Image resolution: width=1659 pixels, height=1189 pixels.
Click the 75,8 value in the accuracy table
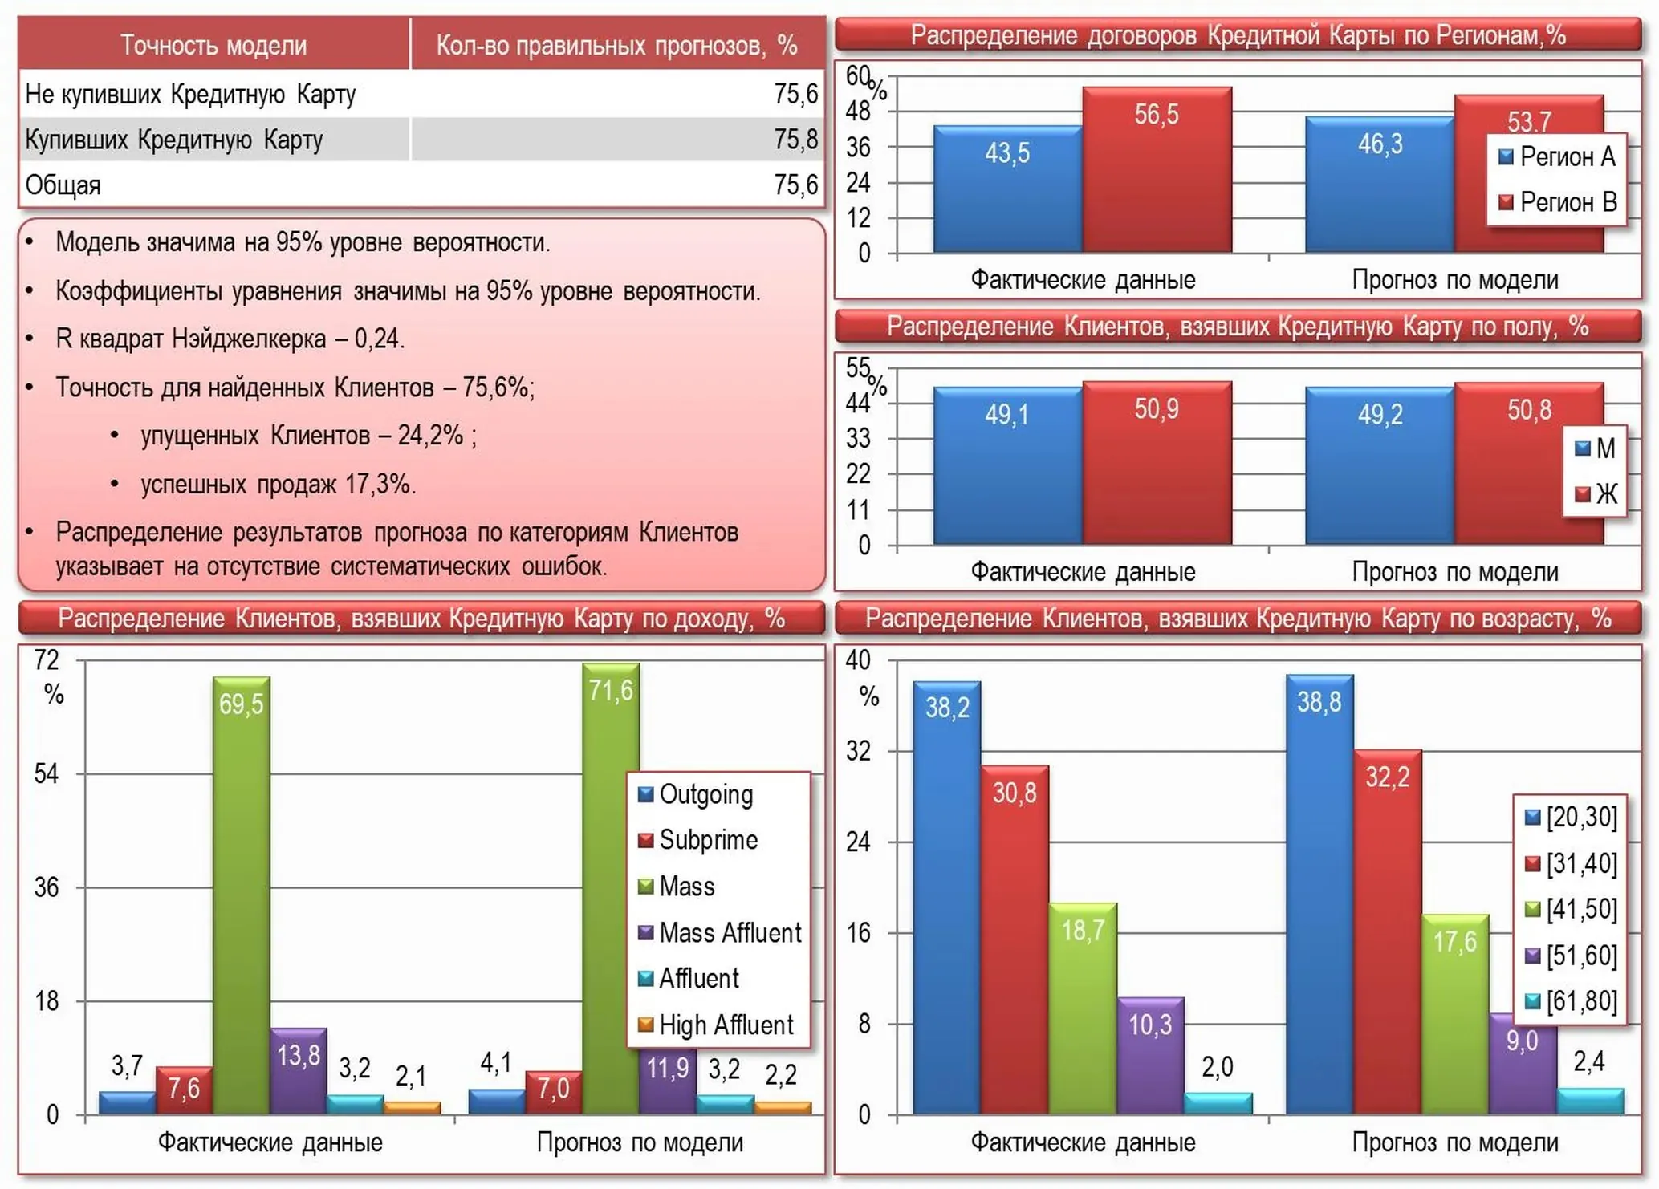pyautogui.click(x=795, y=140)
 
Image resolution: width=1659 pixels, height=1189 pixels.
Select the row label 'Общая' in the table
pyautogui.click(x=63, y=185)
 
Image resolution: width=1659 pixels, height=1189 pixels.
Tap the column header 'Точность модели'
pyautogui.click(x=213, y=45)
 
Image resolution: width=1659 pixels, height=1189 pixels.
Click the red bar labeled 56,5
pyautogui.click(x=1157, y=170)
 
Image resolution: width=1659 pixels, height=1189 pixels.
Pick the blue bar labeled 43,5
pyautogui.click(x=1008, y=189)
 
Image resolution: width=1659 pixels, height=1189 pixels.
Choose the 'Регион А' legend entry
pyautogui.click(x=1556, y=156)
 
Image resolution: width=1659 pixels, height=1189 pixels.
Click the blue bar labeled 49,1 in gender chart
pyautogui.click(x=1008, y=466)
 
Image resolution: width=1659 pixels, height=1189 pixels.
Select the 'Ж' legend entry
pyautogui.click(x=1596, y=493)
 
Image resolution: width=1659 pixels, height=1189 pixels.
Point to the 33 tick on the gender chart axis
pyautogui.click(x=859, y=438)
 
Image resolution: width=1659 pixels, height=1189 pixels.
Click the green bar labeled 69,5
pyautogui.click(x=241, y=895)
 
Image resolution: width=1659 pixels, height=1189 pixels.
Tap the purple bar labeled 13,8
pyautogui.click(x=298, y=1071)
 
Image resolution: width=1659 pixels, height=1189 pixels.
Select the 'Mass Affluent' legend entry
pyautogui.click(x=719, y=932)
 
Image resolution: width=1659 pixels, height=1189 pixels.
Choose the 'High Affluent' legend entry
pyautogui.click(x=715, y=1025)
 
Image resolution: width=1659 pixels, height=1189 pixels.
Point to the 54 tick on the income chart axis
pyautogui.click(x=47, y=773)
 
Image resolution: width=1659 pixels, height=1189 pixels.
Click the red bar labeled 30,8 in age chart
pyautogui.click(x=1015, y=939)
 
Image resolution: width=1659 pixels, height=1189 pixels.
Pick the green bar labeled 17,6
pyautogui.click(x=1455, y=1014)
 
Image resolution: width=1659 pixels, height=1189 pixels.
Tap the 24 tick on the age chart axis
pyautogui.click(x=859, y=842)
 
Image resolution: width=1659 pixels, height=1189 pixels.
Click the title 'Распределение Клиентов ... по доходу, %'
pyautogui.click(x=421, y=618)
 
